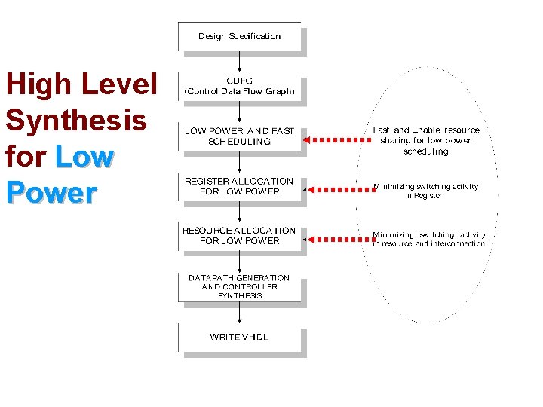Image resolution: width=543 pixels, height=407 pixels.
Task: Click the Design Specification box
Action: coord(239,36)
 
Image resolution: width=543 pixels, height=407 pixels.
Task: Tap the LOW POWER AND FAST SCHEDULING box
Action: coord(239,136)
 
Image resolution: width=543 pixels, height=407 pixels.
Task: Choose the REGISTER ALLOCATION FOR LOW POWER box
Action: coord(239,186)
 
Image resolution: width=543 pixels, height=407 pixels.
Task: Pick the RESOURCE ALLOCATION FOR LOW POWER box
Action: coord(239,236)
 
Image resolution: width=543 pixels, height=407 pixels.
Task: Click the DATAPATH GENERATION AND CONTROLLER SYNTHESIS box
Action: coord(239,286)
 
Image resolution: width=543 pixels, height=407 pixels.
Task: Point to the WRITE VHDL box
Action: coord(239,336)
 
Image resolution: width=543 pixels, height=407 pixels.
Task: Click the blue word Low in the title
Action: coord(84,157)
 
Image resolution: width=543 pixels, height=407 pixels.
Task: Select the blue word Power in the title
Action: coord(51,193)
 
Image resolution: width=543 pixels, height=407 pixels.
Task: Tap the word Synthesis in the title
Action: coord(75,121)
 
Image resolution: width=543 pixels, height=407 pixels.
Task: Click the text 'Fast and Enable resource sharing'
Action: coord(426,140)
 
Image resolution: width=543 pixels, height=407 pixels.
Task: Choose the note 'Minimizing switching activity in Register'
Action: coord(425,191)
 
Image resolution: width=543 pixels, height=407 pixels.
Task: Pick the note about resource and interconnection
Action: coord(428,239)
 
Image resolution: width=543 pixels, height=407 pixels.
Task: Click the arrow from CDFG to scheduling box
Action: coord(239,112)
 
